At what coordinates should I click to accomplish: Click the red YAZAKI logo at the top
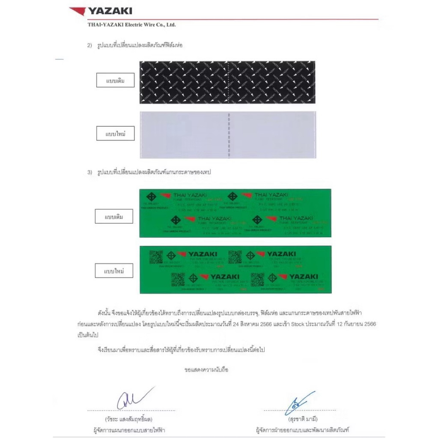[101, 11]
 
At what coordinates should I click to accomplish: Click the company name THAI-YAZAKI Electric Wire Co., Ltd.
[131, 25]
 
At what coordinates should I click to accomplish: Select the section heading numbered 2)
[135, 45]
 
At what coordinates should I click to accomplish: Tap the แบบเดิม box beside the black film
[115, 80]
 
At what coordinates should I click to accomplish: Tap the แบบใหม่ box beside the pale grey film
[115, 134]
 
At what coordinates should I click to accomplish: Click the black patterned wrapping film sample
[227, 82]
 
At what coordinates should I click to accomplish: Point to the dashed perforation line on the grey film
[228, 135]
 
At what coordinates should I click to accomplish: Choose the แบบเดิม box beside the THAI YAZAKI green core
[114, 217]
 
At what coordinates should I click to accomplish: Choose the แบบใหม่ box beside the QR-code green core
[114, 271]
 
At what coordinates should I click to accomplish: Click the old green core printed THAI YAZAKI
[235, 213]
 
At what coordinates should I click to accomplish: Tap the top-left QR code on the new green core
[156, 257]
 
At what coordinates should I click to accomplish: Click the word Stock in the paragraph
[298, 325]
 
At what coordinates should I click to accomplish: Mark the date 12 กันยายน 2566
[355, 325]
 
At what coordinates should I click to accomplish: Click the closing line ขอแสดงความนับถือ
[206, 369]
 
